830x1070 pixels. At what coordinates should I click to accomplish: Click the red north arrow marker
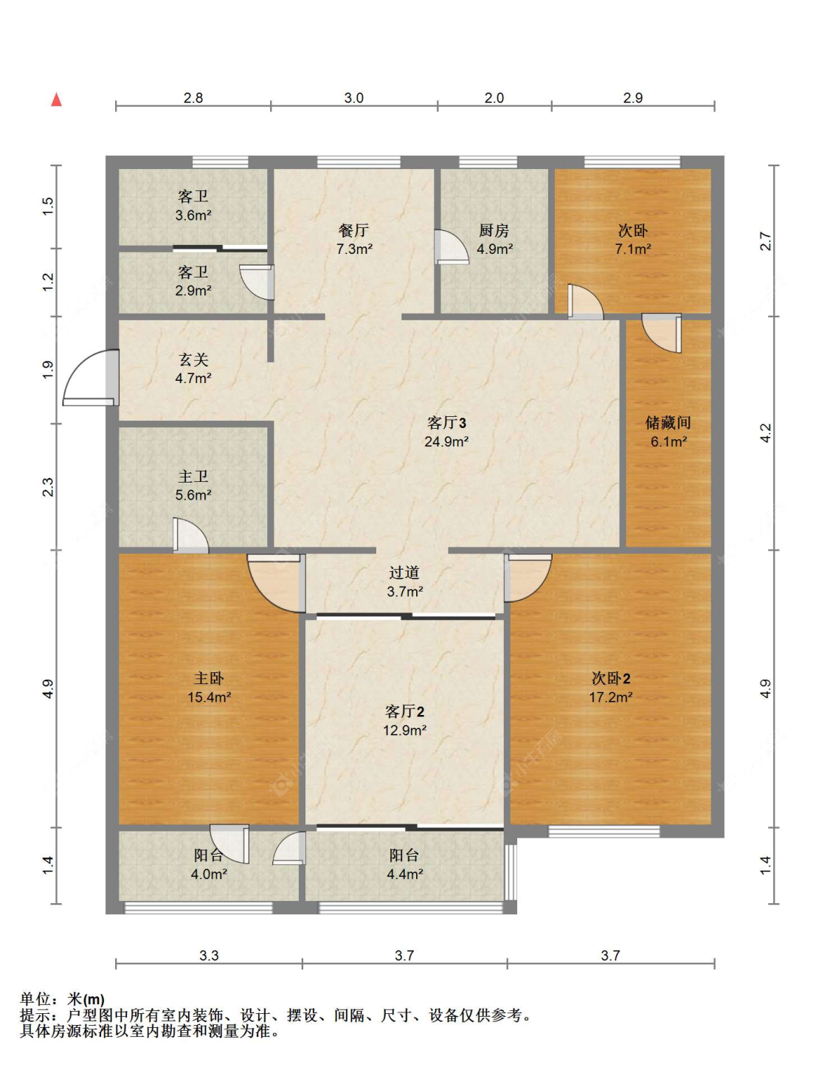click(x=56, y=100)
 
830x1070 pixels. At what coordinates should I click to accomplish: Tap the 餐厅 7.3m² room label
click(x=354, y=240)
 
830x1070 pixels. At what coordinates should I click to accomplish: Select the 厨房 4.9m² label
click(x=494, y=240)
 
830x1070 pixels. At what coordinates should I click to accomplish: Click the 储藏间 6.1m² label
click(x=668, y=432)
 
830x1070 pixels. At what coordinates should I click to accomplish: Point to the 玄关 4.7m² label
click(x=193, y=369)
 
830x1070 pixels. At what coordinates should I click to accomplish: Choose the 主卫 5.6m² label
click(x=193, y=486)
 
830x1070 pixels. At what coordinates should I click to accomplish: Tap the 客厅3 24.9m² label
click(x=446, y=432)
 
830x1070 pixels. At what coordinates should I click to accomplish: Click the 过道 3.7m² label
click(x=404, y=581)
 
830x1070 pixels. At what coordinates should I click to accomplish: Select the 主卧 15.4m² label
click(x=209, y=687)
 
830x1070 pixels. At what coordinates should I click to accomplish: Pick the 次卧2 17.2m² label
click(x=611, y=687)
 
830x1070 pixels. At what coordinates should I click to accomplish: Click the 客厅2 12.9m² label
click(x=404, y=720)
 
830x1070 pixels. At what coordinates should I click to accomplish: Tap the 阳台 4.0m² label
click(x=209, y=864)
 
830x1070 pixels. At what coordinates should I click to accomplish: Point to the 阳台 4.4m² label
click(x=404, y=864)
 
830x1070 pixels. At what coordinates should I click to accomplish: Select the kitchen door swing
click(x=451, y=247)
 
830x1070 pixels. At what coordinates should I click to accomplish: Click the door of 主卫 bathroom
click(x=190, y=536)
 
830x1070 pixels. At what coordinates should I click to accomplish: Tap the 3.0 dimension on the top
click(x=354, y=98)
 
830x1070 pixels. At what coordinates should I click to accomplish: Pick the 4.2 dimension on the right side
click(x=766, y=432)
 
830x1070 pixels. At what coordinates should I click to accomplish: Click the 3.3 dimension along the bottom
click(x=209, y=956)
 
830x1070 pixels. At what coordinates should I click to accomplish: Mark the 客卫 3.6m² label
click(x=193, y=206)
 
